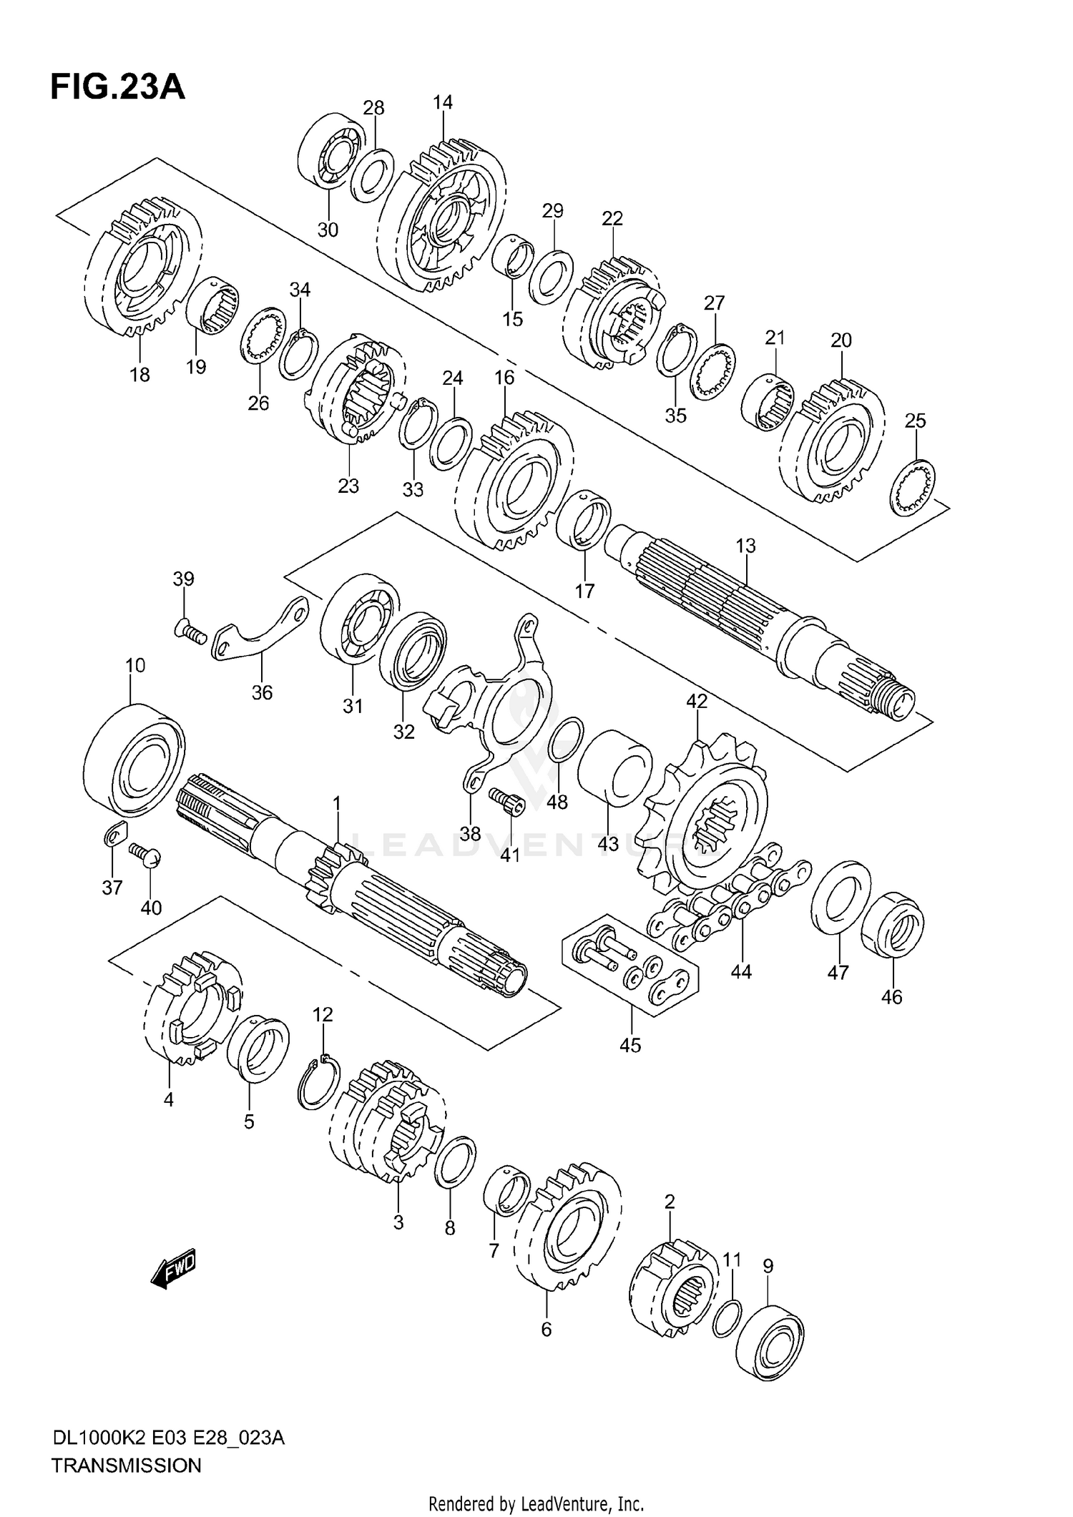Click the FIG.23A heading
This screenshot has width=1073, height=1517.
tap(117, 87)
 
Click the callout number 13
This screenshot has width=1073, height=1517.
tap(745, 546)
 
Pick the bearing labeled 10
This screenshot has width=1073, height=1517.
tap(134, 759)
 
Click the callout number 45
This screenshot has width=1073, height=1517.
tap(630, 1045)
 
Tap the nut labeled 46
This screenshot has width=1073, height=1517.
tap(892, 923)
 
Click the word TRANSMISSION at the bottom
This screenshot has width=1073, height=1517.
tap(126, 1466)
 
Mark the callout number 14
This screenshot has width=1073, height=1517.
tap(443, 102)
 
